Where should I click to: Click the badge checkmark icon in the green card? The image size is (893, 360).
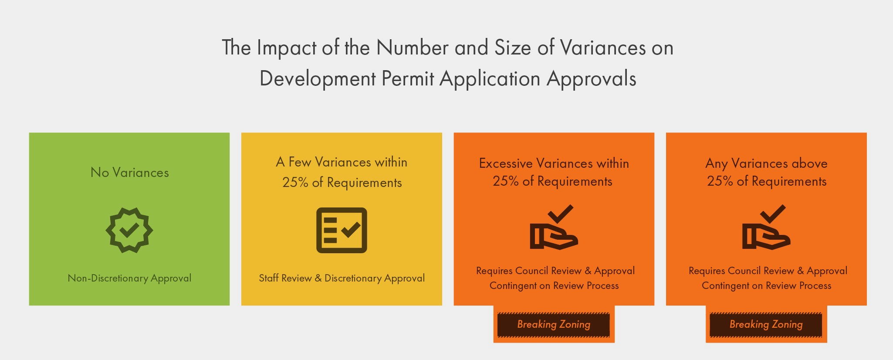coord(129,230)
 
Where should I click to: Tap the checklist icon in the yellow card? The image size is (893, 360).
coord(342,230)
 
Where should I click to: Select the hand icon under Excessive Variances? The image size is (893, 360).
coord(554,227)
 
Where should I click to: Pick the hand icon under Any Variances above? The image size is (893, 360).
coord(766,227)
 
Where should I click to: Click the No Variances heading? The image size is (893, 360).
coord(129,173)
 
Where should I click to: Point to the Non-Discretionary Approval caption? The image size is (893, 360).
coord(129,278)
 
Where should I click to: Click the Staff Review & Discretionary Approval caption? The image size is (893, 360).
coord(342,278)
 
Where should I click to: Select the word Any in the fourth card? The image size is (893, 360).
coord(717,164)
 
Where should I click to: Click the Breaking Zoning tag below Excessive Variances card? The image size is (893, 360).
coord(554,324)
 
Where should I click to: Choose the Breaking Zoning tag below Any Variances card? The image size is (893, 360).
coord(766,324)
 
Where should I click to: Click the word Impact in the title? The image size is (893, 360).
coord(286,48)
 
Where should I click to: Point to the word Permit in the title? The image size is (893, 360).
coord(408,79)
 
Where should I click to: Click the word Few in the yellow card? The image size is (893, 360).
coord(300,162)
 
